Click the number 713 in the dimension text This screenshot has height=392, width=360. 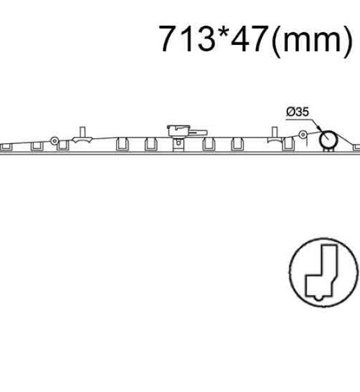click(x=187, y=39)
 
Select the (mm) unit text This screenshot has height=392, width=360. click(x=312, y=40)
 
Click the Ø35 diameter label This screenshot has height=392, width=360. click(x=298, y=112)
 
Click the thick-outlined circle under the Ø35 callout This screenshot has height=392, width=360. click(x=328, y=139)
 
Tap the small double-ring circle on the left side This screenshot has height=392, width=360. click(x=55, y=141)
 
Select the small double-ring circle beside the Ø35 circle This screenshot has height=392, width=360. click(x=303, y=135)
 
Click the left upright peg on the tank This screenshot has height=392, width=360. click(x=82, y=132)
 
